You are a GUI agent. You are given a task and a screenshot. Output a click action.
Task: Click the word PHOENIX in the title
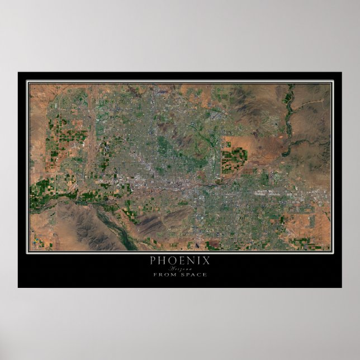click(179, 260)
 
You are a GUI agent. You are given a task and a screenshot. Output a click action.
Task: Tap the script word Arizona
click(179, 268)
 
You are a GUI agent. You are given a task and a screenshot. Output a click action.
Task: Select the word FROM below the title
click(163, 274)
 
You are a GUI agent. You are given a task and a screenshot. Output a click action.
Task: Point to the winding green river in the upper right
click(289, 120)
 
